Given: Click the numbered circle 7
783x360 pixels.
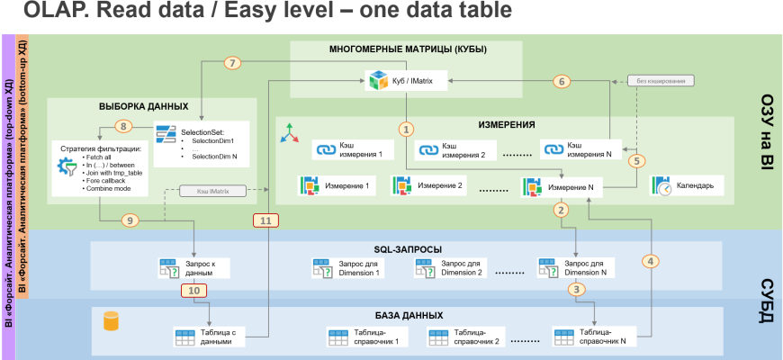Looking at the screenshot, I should (x=233, y=63).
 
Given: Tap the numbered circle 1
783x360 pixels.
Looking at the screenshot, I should (x=406, y=129).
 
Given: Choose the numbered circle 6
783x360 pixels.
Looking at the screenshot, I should (x=562, y=81).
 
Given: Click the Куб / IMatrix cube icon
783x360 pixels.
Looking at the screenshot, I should (x=377, y=81).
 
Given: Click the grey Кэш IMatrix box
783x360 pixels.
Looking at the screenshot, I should (x=205, y=191).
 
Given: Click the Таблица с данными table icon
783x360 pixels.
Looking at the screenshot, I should (x=184, y=337).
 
